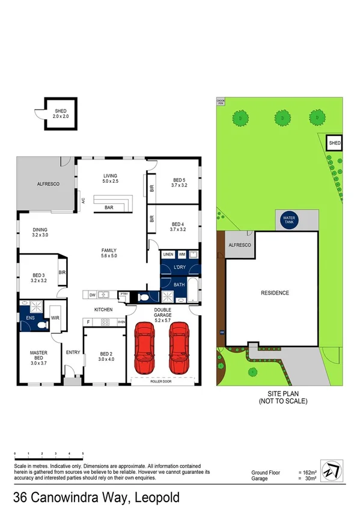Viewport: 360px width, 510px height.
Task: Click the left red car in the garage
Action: point(145,347)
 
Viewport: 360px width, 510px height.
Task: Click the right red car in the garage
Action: point(180,347)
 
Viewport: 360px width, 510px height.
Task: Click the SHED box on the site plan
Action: point(334,143)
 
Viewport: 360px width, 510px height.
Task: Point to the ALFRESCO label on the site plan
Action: point(239,246)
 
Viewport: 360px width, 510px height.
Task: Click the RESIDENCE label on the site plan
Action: point(275,293)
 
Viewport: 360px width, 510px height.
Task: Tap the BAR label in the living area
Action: point(109,207)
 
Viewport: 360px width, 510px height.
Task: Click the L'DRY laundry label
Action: point(179,267)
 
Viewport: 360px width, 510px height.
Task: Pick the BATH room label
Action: point(179,284)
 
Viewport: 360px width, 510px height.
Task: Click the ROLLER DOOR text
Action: point(163,381)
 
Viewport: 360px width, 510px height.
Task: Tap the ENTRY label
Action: point(73,352)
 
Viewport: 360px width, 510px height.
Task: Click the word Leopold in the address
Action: point(158,498)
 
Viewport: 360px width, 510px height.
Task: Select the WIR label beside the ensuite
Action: point(55,318)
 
